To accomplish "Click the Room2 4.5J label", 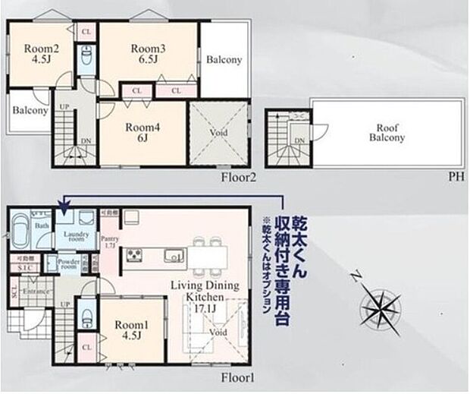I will (x=38, y=54).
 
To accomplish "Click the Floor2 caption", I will (x=239, y=178).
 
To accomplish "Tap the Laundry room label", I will (x=76, y=237).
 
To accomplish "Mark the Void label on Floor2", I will (x=218, y=133).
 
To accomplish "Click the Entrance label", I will (x=35, y=291).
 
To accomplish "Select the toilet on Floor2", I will (x=86, y=55).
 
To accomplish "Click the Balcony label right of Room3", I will (x=224, y=59).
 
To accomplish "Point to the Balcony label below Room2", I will (x=30, y=110).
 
